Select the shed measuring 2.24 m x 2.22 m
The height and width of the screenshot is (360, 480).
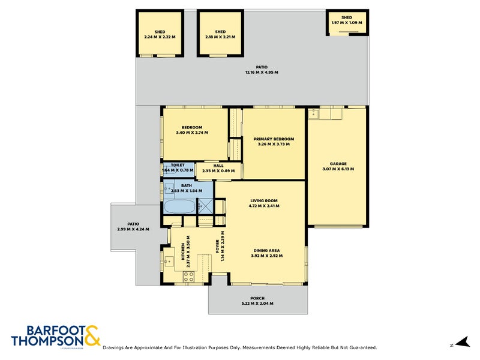coord(160,34)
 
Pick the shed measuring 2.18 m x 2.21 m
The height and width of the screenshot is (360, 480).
coord(220,34)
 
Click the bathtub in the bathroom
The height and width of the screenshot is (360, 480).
coord(179,208)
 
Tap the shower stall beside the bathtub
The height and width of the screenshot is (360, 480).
coord(206,206)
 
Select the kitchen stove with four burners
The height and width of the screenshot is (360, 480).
coord(188,277)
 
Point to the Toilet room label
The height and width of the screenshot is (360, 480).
coord(178,165)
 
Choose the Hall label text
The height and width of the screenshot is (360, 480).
coord(218,165)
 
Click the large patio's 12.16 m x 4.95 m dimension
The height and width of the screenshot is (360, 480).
coord(261,72)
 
